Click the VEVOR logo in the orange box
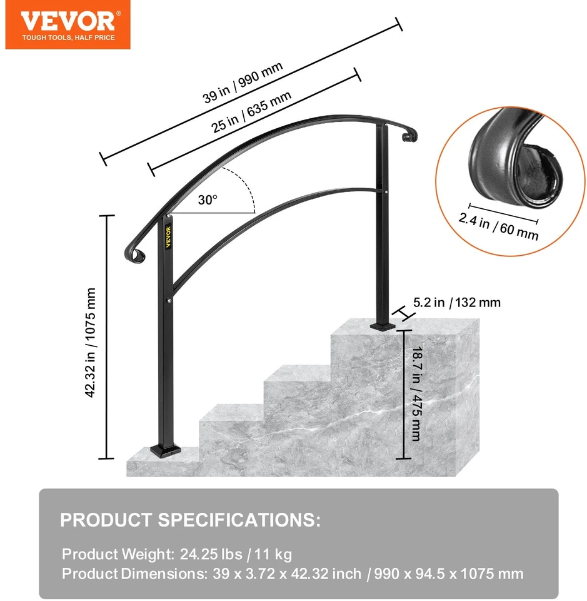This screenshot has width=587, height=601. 68,21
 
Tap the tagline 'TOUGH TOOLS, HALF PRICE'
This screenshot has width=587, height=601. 68,38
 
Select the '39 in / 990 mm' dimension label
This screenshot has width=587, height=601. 243,83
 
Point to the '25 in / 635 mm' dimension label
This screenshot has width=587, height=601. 251,111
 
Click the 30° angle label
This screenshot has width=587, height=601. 208,199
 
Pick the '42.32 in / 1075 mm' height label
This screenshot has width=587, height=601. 90,343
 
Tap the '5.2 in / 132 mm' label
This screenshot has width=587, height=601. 457,303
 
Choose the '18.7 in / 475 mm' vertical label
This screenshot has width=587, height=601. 416,394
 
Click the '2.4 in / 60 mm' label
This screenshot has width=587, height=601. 498,226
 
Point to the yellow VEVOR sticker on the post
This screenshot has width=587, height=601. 168,237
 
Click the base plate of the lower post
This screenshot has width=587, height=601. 166,451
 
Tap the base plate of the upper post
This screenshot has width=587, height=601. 383,327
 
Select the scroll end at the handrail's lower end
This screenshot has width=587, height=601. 134,255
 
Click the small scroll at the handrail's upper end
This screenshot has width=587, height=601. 409,136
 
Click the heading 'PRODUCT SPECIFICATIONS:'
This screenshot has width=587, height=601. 190,520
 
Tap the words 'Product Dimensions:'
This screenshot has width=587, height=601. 134,573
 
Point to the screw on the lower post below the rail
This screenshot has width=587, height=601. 169,301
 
